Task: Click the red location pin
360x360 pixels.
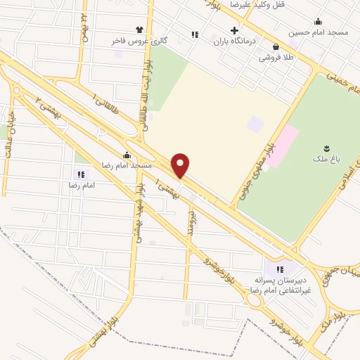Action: (x=181, y=165)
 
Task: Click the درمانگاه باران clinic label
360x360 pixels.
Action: (x=235, y=41)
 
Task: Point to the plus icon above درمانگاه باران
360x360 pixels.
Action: (x=235, y=30)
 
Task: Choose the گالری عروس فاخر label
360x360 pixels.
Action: (x=139, y=41)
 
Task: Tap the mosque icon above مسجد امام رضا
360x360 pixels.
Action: (x=127, y=155)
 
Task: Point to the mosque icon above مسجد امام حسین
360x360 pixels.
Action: (x=318, y=21)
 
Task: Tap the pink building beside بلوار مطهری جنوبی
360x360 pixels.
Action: (x=285, y=144)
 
